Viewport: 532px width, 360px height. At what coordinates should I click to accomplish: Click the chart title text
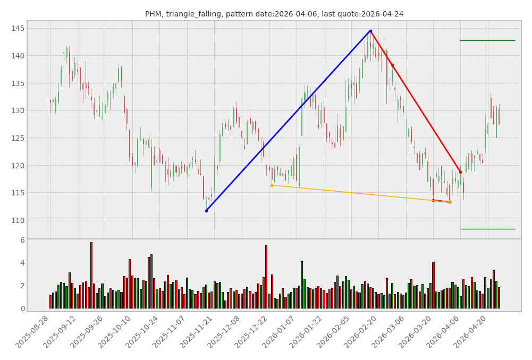(274, 14)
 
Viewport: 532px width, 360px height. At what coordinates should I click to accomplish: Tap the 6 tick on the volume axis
(22, 240)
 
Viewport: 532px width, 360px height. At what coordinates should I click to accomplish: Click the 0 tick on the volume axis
(22, 308)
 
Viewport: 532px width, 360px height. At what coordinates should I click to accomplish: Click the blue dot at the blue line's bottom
(206, 211)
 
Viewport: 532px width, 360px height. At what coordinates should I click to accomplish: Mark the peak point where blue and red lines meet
(370, 31)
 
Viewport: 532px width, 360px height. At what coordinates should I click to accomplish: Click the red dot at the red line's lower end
(460, 172)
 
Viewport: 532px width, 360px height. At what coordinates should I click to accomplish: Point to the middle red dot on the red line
(392, 65)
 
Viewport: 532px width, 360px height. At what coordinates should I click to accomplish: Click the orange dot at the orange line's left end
(272, 185)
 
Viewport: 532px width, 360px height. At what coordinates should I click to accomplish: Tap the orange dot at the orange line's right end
(450, 202)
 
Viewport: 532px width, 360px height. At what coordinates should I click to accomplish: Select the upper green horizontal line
(487, 40)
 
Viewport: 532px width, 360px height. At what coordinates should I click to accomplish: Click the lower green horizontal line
(487, 229)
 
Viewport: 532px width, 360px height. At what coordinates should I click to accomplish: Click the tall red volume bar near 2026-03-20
(433, 285)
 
